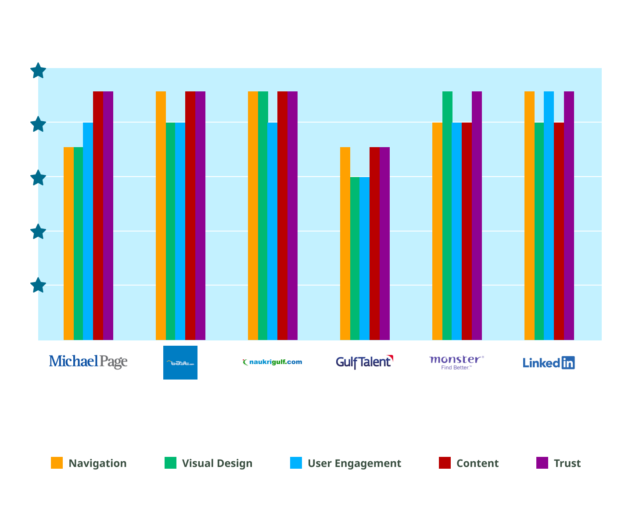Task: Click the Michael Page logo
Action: pos(88,362)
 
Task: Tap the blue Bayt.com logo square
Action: pos(180,362)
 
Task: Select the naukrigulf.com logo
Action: pos(272,362)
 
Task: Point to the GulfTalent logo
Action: pos(364,362)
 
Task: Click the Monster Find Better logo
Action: pos(456,362)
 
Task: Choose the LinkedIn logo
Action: pos(549,363)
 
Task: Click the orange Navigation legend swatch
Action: pos(57,463)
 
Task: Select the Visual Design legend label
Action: pos(217,463)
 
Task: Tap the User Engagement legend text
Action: pos(354,463)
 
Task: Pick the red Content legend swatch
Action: pos(445,463)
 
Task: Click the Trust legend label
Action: pos(567,463)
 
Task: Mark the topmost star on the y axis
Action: pos(38,71)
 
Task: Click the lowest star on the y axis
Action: pos(38,285)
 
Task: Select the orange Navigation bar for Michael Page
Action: pos(68,243)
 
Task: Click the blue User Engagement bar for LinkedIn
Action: pos(549,215)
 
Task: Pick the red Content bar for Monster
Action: pos(467,231)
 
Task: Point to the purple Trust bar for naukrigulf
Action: pos(292,215)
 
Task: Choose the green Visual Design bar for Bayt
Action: pos(170,231)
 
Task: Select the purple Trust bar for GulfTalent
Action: pos(384,243)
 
